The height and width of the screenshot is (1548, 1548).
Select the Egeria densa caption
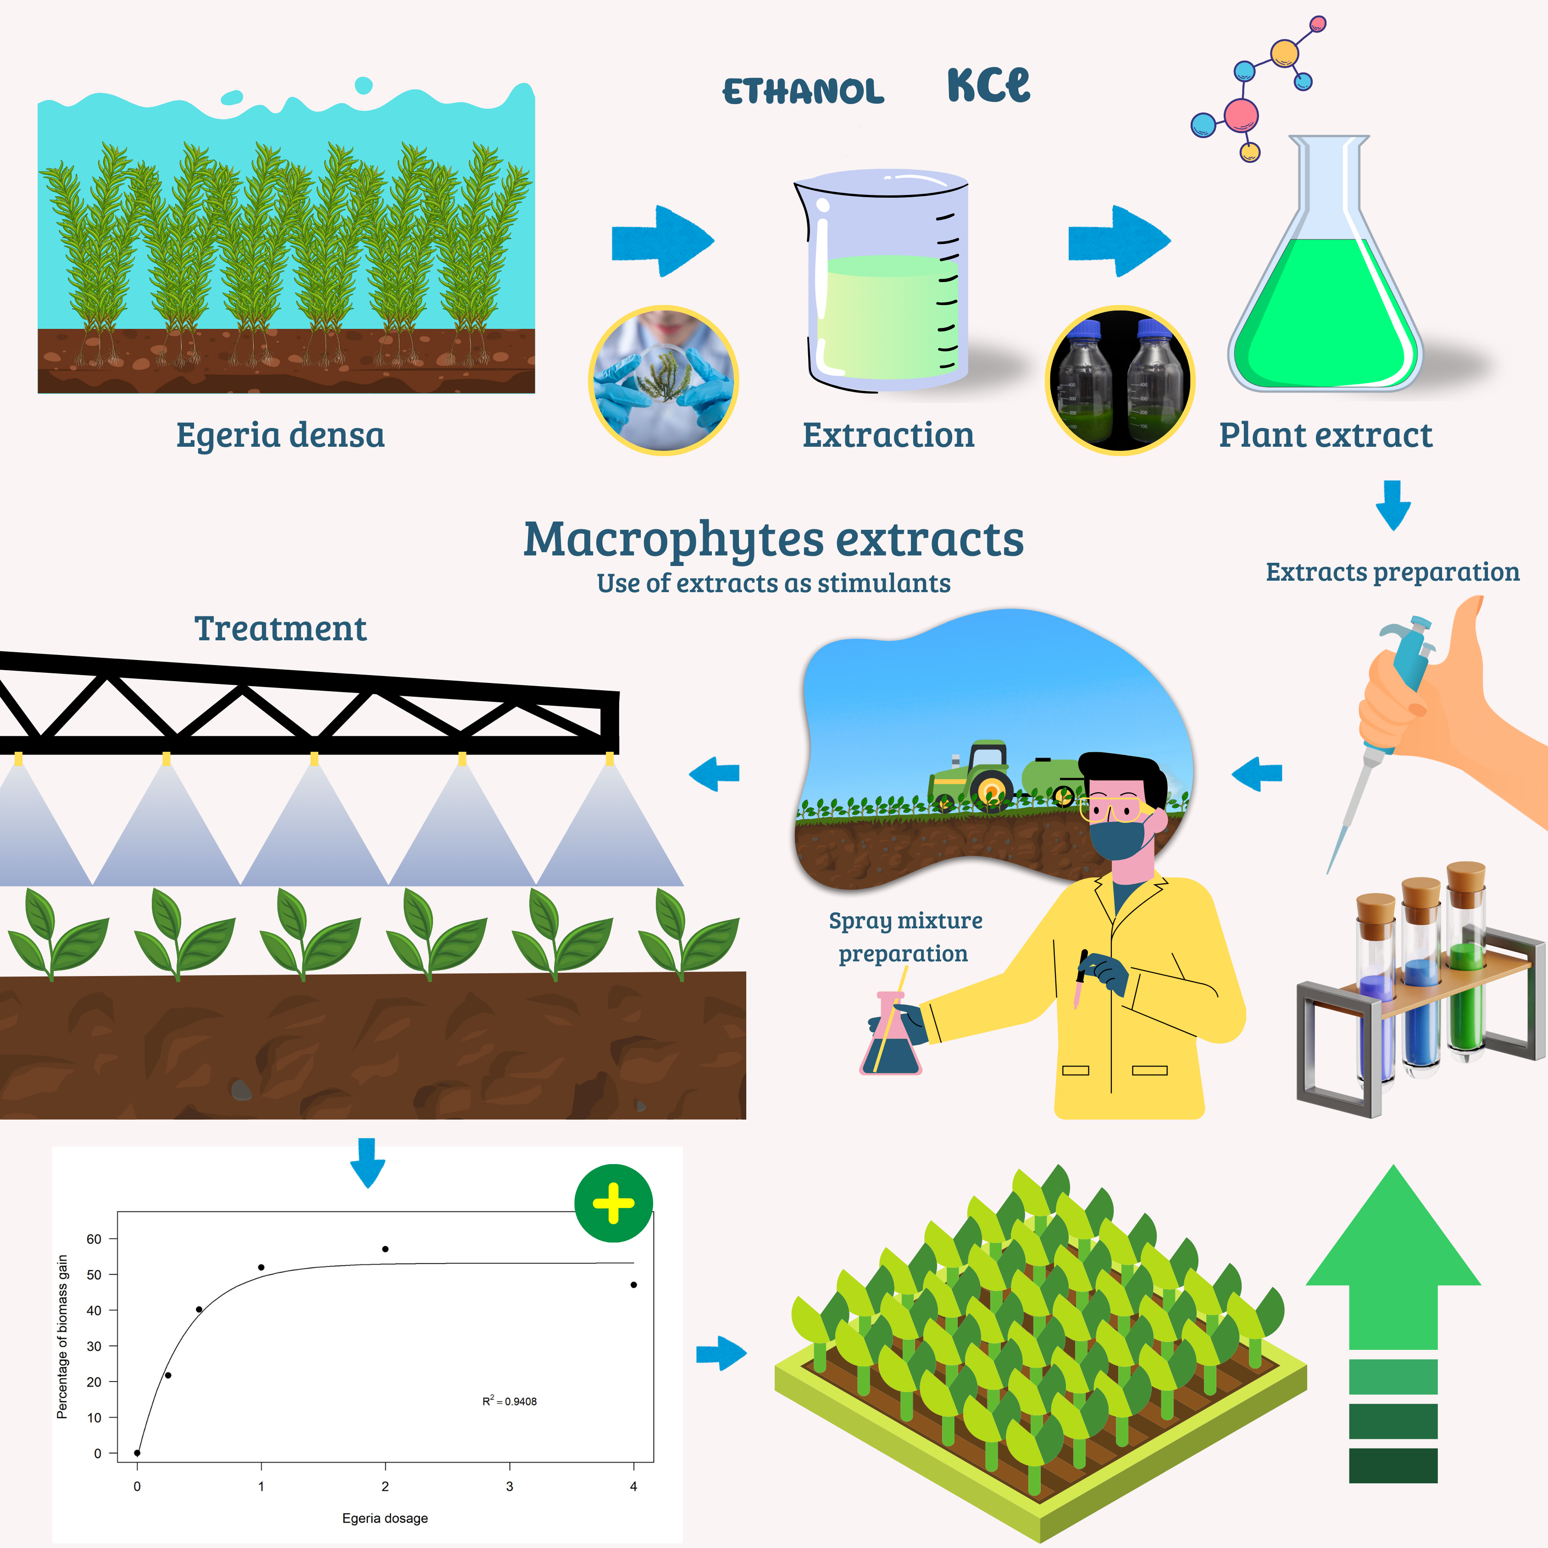coord(280,435)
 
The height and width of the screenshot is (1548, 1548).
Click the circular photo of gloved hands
coord(663,381)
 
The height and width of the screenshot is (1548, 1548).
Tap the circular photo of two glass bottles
coord(1119,381)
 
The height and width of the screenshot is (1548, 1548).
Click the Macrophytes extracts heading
coord(773,539)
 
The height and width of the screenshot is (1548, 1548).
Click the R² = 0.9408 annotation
coord(510,1401)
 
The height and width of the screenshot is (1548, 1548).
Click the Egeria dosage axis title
coord(385,1518)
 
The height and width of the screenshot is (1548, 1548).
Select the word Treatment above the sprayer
coord(280,629)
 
